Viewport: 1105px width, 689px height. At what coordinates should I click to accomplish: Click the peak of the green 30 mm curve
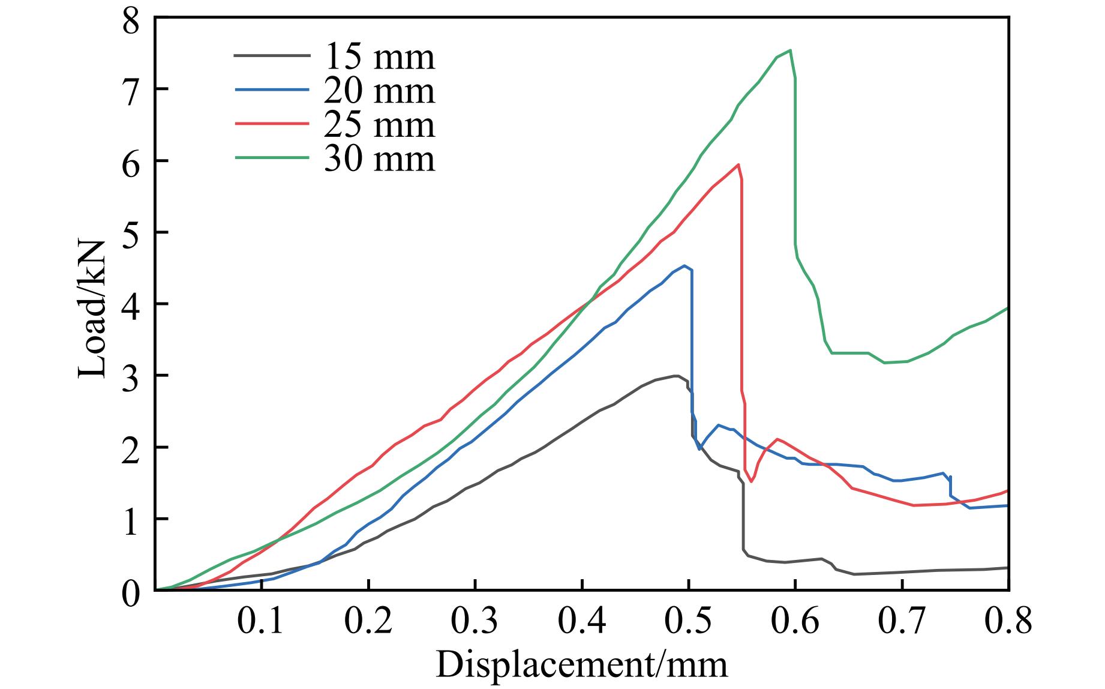coord(790,50)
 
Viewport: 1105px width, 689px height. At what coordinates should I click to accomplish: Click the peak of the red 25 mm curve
coord(738,164)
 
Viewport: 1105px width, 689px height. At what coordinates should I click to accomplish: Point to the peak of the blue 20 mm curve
coord(684,266)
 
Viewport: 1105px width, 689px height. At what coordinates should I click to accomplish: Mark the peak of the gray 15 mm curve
coord(676,376)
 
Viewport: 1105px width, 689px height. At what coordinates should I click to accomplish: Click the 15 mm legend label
coord(379,56)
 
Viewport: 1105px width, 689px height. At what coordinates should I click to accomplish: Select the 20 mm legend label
coord(379,91)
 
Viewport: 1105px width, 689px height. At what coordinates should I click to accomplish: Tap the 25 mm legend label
coord(379,125)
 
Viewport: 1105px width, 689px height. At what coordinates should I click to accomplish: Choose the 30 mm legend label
coord(379,159)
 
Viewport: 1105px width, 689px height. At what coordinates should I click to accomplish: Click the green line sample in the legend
coord(272,158)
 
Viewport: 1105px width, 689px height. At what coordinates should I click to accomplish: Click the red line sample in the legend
coord(272,124)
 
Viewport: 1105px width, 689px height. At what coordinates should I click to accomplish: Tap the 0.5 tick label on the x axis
coord(689,622)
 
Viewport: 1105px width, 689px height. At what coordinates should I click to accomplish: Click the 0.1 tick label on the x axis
coord(262,622)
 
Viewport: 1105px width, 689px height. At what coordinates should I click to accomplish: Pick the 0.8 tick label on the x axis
coord(1008,622)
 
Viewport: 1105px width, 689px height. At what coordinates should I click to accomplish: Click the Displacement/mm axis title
coord(581,665)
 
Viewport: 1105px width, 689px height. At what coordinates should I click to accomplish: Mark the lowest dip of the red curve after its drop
coord(751,481)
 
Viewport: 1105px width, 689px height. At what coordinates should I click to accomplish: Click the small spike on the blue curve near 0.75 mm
coord(950,477)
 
